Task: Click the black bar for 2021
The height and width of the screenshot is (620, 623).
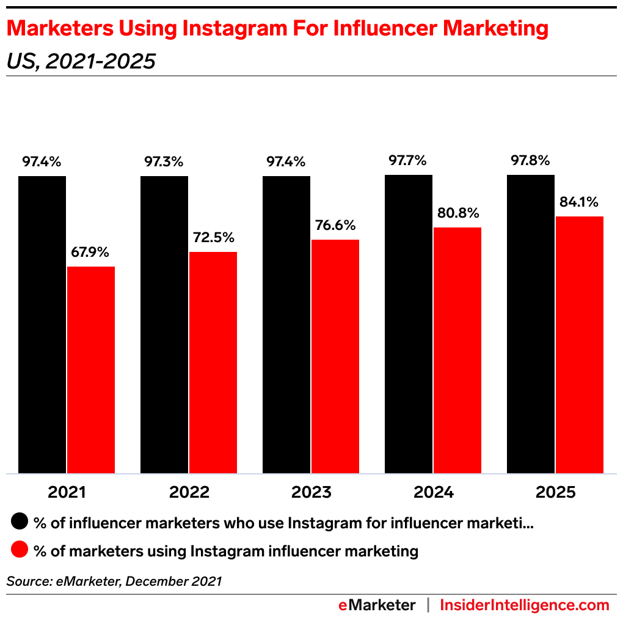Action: coord(42,324)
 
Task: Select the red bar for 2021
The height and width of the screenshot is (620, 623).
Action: coord(91,369)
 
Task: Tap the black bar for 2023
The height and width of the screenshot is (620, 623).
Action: coord(286,324)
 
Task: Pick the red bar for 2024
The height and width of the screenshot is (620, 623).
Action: coord(457,350)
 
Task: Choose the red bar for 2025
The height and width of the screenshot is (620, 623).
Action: coord(580,344)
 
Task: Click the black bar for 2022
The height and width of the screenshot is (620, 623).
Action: coord(164,324)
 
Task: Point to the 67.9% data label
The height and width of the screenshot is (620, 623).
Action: coord(91,252)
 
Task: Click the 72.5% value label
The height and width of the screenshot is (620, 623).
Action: coord(213,237)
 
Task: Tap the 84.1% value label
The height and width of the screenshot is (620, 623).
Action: coord(579,202)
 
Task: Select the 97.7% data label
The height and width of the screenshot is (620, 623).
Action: coord(408,161)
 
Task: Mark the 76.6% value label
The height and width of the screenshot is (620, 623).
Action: coord(335,225)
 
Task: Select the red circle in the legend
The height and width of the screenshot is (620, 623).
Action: coord(20,550)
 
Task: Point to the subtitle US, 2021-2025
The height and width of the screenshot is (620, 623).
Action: coord(81,61)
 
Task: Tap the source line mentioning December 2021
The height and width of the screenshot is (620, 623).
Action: coord(114,581)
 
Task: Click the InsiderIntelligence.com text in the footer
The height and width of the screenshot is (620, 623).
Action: coord(525,605)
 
